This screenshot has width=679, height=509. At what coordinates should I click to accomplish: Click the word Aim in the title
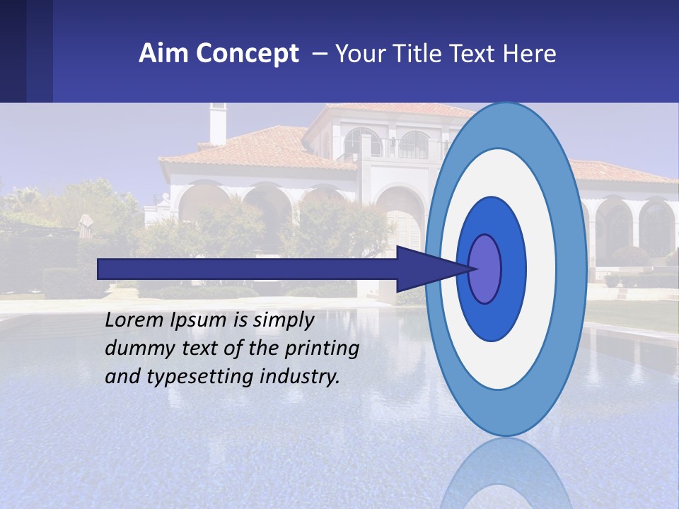163,54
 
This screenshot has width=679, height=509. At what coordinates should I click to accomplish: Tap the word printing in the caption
320,349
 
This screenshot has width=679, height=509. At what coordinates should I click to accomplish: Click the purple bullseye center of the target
485,269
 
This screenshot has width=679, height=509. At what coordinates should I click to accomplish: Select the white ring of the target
541,269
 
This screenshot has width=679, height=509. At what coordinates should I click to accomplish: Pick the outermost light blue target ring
573,269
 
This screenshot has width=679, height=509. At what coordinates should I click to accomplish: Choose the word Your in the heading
356,54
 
